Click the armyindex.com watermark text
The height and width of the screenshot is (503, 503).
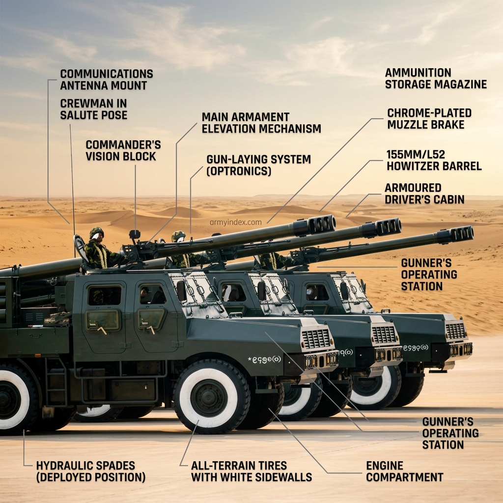(x=235, y=222)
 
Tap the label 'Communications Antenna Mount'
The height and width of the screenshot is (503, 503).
(x=107, y=80)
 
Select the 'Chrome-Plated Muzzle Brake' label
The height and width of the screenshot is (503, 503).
(x=429, y=119)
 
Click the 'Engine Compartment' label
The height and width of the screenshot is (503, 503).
(x=405, y=471)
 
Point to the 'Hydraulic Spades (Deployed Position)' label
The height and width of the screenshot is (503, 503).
(x=91, y=471)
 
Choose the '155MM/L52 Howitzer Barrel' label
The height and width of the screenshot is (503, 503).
(x=434, y=160)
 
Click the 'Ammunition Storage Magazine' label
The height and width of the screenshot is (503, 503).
(x=436, y=78)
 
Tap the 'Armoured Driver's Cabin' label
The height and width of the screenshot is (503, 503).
(x=424, y=194)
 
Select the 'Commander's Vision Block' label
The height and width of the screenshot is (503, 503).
(x=123, y=150)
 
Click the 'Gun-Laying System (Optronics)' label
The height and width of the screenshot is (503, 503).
(x=258, y=165)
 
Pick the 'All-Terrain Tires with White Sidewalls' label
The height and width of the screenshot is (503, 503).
(x=251, y=471)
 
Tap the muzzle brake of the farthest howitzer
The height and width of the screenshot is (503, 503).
(x=462, y=234)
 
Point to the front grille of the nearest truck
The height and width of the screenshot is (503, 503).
(x=316, y=338)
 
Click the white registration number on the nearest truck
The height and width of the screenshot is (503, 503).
(x=265, y=360)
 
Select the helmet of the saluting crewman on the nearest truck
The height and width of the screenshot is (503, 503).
(x=96, y=232)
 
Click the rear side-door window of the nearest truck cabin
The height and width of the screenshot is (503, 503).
(x=105, y=295)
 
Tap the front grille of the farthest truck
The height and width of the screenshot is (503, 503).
(x=455, y=331)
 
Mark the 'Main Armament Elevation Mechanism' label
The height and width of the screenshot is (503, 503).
(x=261, y=122)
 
